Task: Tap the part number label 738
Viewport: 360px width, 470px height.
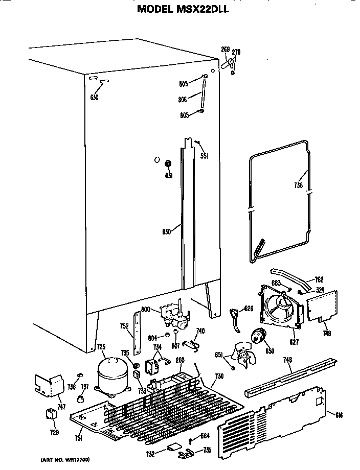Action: pyautogui.click(x=299, y=185)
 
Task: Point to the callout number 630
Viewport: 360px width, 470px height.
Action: pyautogui.click(x=94, y=97)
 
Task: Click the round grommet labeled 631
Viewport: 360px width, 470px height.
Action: pyautogui.click(x=167, y=164)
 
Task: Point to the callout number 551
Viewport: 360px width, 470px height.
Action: pyautogui.click(x=204, y=156)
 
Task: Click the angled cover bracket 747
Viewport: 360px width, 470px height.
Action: pyautogui.click(x=49, y=385)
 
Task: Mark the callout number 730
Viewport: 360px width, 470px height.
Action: pyautogui.click(x=219, y=377)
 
